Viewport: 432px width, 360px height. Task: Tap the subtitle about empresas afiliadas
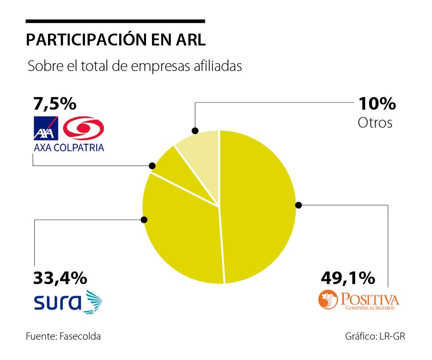click(135, 66)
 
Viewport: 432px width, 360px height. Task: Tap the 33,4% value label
click(60, 277)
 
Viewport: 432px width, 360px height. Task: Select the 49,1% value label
click(348, 277)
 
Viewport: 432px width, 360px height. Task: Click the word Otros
click(375, 122)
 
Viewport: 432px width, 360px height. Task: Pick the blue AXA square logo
click(46, 128)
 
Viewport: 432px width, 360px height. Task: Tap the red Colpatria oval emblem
click(84, 128)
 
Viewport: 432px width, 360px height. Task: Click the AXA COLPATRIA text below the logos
click(68, 147)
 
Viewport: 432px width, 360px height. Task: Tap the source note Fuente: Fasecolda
click(63, 336)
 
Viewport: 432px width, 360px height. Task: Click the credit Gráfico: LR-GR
click(375, 336)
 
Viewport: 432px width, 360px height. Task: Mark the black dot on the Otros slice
click(195, 131)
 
